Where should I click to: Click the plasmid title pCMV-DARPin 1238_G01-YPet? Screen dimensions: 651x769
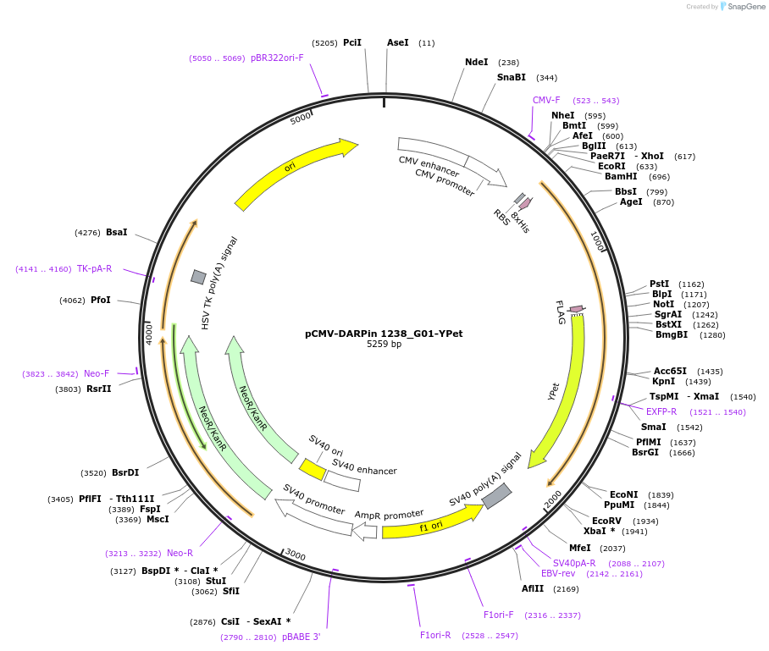[384, 334]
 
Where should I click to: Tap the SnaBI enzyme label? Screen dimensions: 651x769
[511, 77]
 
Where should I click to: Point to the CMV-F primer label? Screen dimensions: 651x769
[546, 100]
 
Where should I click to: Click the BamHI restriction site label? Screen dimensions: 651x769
[621, 176]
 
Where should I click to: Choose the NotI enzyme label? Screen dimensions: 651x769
[663, 304]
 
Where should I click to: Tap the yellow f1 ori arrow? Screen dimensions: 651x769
[432, 525]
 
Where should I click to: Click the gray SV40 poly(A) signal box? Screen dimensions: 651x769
[496, 496]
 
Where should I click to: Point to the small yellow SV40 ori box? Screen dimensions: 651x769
[313, 469]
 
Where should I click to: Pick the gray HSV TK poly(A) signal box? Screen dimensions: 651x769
[198, 277]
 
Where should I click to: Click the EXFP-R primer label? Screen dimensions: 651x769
[661, 411]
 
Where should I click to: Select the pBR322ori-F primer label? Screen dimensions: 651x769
[277, 58]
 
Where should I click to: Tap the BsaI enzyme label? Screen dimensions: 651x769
[117, 232]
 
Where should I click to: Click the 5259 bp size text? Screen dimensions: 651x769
[384, 345]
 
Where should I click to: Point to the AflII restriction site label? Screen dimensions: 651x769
[533, 588]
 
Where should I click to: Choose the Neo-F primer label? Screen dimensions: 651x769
[96, 373]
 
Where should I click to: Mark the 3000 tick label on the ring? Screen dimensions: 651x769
[295, 554]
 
